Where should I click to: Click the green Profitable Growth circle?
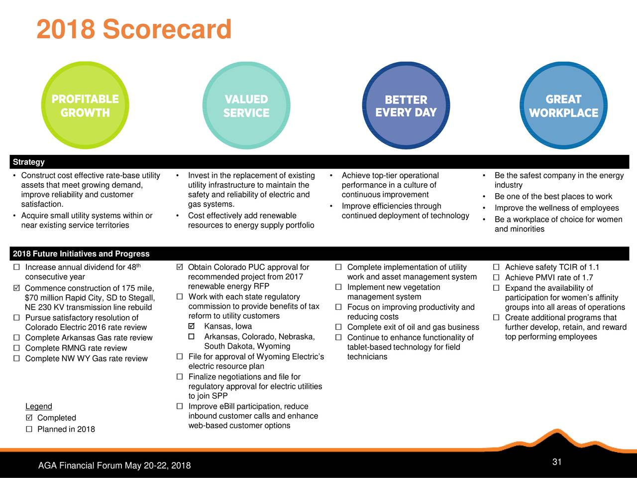85,105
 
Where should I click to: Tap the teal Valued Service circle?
246,105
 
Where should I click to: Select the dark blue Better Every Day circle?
406,105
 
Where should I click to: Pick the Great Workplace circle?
563,105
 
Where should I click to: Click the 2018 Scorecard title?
134,29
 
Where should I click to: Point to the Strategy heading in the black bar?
29,162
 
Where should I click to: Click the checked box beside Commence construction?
17,288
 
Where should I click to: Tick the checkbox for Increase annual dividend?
17,267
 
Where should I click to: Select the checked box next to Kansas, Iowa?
191,326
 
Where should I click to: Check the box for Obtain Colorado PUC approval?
180,267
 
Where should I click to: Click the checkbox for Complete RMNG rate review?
17,348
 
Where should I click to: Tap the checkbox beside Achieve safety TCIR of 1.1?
496,267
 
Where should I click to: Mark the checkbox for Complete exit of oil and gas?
338,327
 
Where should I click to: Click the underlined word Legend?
39,406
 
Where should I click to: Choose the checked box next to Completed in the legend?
29,417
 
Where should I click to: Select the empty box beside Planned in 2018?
29,429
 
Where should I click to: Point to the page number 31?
556,462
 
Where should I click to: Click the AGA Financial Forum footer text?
114,465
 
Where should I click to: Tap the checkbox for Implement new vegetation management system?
338,287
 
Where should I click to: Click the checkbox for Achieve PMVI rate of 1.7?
496,277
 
